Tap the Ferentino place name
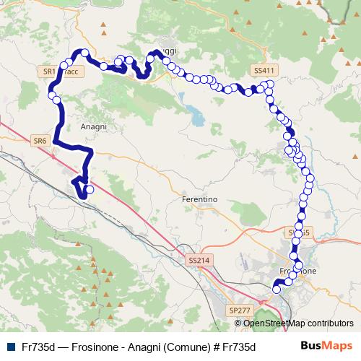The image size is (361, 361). (x=199, y=199)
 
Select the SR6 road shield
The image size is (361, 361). (x=40, y=141)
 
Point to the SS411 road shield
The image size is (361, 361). (x=264, y=70)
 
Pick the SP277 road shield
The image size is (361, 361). (x=238, y=310)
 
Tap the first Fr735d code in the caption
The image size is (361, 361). (x=39, y=347)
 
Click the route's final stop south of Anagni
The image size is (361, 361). (x=90, y=191)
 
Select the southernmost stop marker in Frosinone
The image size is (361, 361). (x=275, y=290)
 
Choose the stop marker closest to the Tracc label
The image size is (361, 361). (x=64, y=66)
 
